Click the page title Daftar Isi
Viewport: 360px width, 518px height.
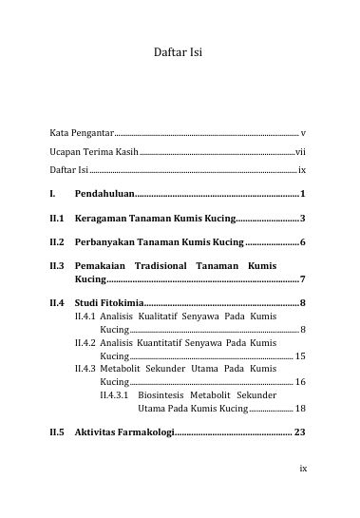click(x=179, y=56)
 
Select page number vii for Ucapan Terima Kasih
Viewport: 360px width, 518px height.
click(x=300, y=152)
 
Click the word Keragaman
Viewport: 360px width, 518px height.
click(x=102, y=219)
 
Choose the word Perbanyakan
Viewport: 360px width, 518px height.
click(x=106, y=243)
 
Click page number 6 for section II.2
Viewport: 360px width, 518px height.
click(x=302, y=243)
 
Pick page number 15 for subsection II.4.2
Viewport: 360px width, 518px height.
click(x=300, y=355)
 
